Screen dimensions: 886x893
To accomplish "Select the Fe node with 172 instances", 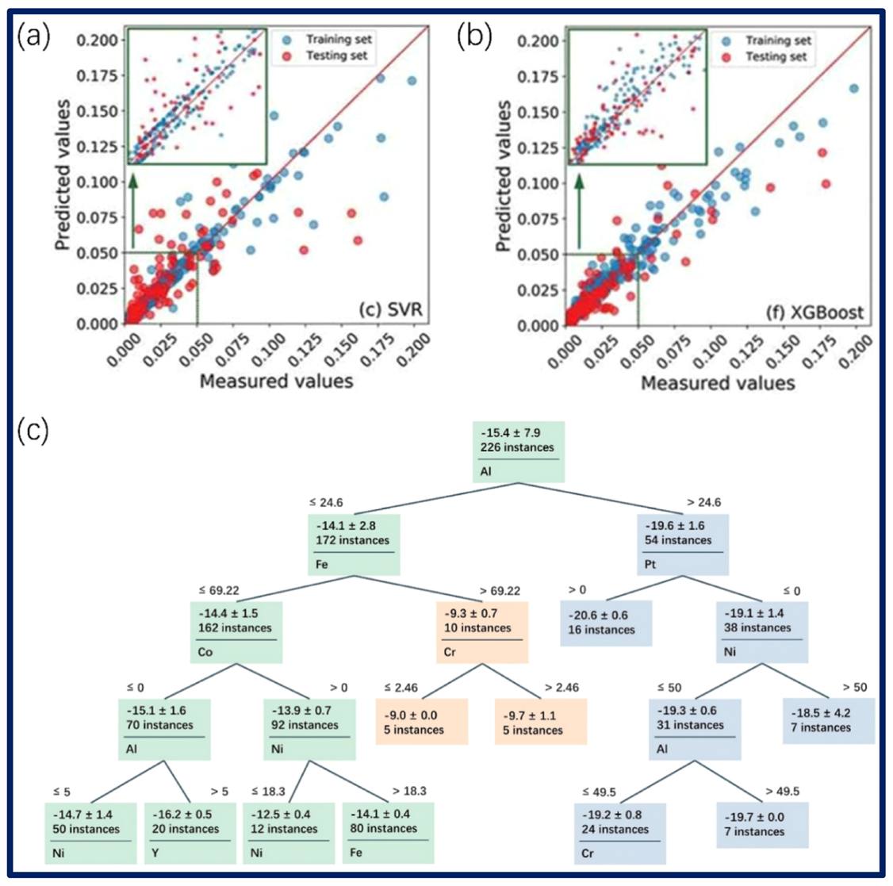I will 354,544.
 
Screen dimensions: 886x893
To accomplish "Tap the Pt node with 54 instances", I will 683,544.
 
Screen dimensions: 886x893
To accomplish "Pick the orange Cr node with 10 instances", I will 481,631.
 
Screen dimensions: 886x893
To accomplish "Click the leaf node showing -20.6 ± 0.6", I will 605,623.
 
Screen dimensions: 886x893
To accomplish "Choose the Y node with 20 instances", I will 190,833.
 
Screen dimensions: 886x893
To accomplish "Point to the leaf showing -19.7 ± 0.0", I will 762,824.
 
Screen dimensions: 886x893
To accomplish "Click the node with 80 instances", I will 388,833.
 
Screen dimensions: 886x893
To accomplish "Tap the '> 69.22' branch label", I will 500,591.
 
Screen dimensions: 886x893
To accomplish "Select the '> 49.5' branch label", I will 782,791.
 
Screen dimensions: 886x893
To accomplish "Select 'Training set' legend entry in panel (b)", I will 776,40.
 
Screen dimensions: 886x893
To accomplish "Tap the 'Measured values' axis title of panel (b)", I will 717,383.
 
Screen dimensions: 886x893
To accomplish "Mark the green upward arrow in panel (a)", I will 133,213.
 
